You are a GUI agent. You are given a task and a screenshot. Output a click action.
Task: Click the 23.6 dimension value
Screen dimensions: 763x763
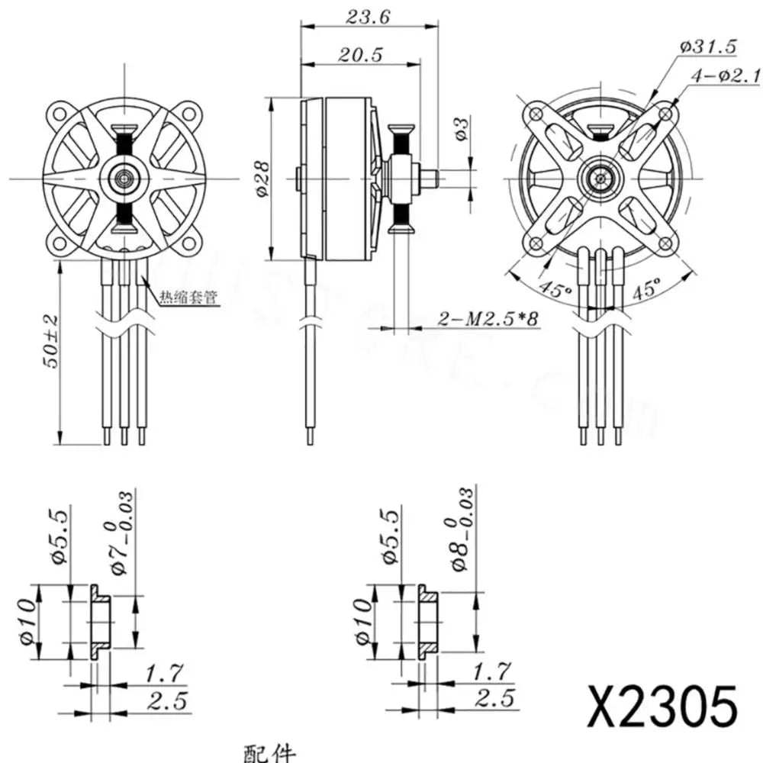368,17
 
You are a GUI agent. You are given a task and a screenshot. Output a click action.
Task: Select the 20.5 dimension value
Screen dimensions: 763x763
362,56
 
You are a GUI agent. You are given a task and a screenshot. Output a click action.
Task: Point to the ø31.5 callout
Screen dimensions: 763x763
707,47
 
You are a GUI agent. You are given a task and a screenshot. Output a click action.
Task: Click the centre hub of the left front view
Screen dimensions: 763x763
123,178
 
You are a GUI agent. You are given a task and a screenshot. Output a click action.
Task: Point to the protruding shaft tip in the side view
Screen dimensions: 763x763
433,179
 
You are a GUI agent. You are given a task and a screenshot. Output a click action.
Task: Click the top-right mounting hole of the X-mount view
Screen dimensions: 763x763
667,113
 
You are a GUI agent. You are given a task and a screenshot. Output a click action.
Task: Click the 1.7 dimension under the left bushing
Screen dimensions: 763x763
165,673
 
